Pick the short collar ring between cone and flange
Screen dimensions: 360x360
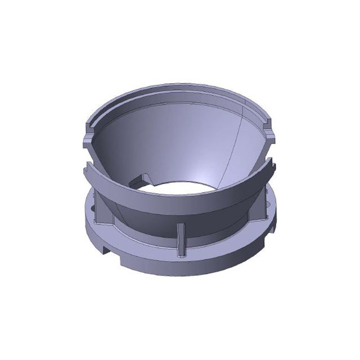[x=186, y=236]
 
